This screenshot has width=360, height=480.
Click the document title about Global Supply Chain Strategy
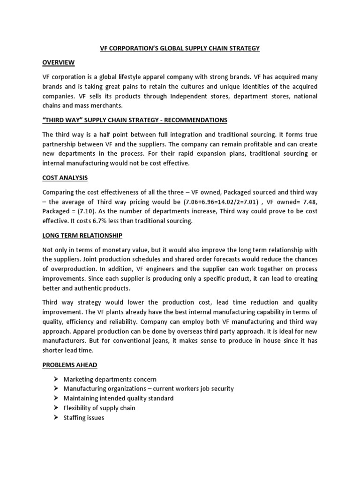point(180,48)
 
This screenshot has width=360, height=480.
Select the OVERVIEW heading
point(59,62)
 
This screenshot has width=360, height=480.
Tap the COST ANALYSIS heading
point(66,178)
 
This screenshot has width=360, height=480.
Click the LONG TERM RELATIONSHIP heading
point(82,235)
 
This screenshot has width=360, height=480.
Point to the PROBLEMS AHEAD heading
point(69,364)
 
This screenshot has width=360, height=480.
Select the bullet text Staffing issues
point(83,417)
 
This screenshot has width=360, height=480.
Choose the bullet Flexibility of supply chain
point(99,408)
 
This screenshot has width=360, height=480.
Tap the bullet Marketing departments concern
point(110,379)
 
